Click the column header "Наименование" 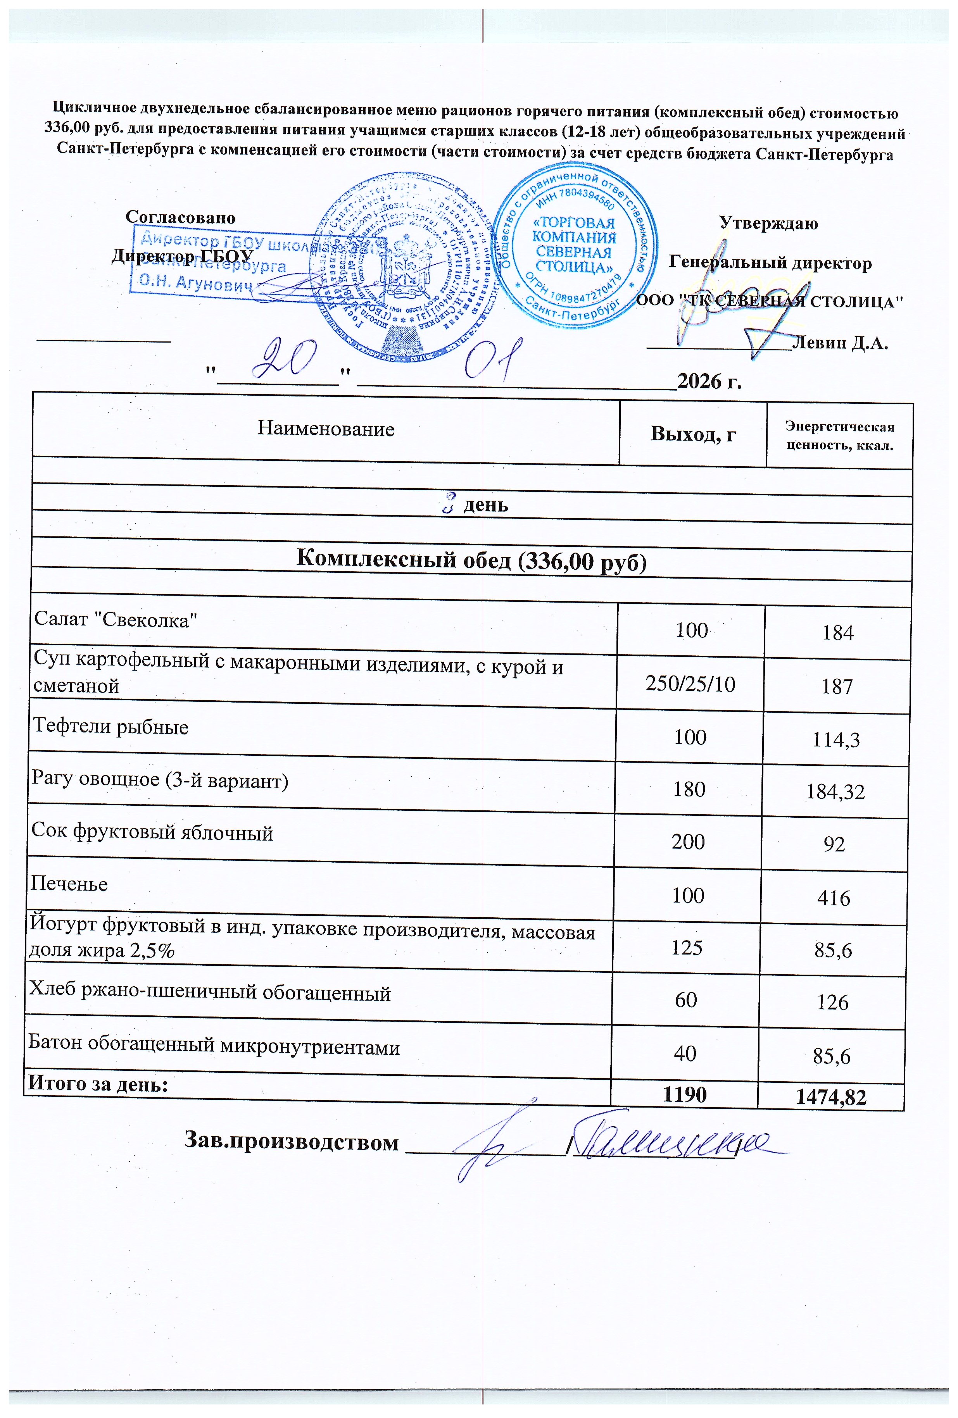325,429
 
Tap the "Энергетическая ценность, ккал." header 839,436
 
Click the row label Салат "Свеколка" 116,619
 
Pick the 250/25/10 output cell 690,684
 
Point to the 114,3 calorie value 835,739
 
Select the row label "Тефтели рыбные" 110,727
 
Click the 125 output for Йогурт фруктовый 687,948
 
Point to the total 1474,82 831,1098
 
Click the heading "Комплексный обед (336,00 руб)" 471,560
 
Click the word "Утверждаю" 768,223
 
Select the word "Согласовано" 180,217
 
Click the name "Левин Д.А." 839,343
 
